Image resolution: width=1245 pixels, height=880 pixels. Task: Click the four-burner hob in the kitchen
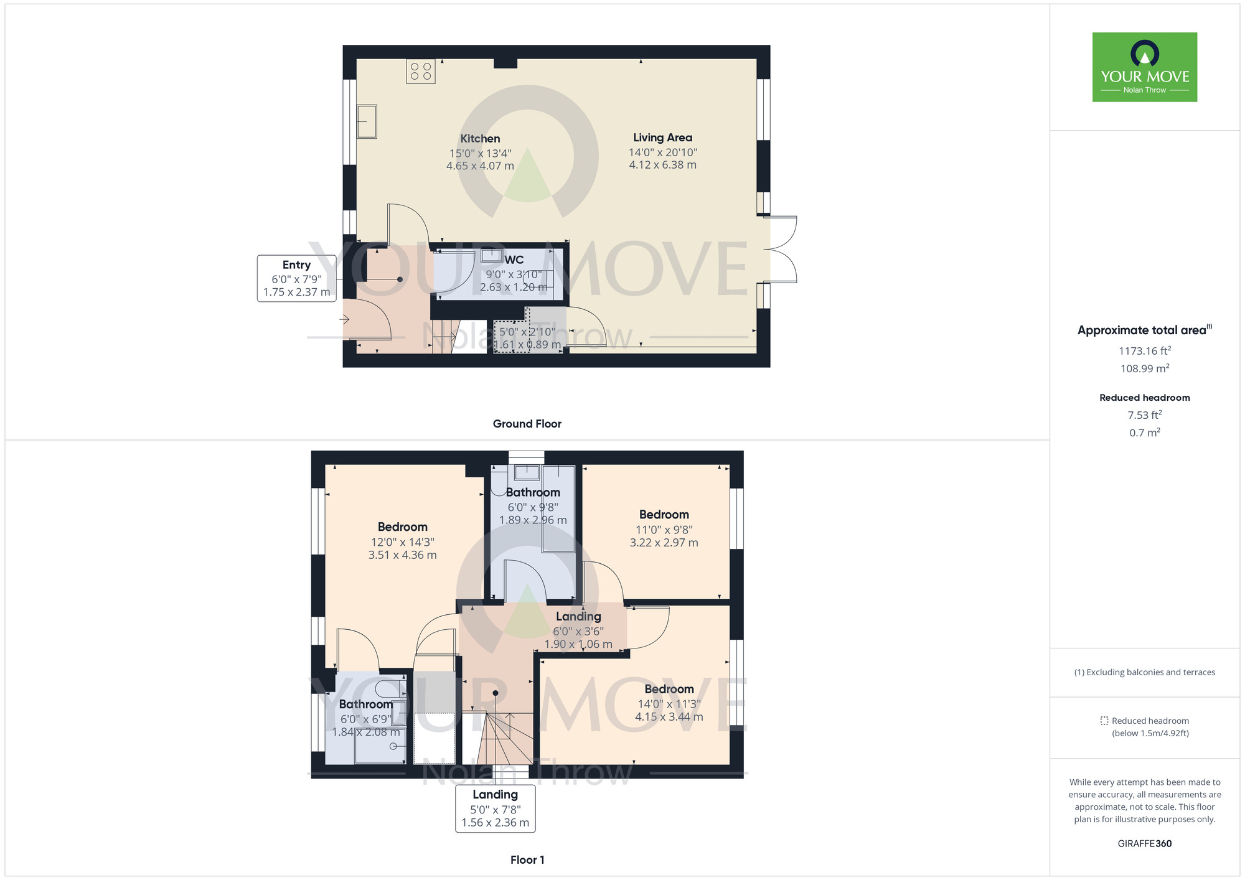[x=421, y=71]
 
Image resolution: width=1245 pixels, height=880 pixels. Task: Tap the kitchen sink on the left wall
[x=367, y=121]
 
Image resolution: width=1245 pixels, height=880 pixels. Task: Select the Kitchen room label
[x=480, y=139]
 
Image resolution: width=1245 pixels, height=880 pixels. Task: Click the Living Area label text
[x=662, y=138]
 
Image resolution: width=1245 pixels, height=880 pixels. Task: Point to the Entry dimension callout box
[x=296, y=278]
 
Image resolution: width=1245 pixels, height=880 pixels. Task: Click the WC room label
[x=514, y=260]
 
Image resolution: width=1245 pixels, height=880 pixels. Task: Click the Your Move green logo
[x=1145, y=67]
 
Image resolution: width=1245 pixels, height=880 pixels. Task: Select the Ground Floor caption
[x=527, y=424]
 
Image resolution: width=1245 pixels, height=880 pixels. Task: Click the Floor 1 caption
[x=527, y=860]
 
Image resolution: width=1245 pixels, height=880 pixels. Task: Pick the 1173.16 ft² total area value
[x=1145, y=350]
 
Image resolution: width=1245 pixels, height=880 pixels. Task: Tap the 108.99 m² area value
[x=1145, y=368]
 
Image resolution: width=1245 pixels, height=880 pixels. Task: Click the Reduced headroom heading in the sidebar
[x=1145, y=398]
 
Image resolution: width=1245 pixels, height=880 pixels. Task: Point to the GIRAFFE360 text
[x=1145, y=844]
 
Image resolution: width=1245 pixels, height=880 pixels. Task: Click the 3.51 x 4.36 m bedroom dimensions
[x=403, y=555]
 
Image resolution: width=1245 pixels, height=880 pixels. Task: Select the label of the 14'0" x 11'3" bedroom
[x=669, y=689]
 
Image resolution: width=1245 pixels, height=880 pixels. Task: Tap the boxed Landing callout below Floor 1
[x=496, y=808]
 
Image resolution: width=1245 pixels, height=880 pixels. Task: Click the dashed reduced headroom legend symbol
[x=1104, y=721]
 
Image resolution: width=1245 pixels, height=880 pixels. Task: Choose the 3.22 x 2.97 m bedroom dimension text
[x=664, y=543]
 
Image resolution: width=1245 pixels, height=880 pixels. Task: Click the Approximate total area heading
[x=1145, y=330]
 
